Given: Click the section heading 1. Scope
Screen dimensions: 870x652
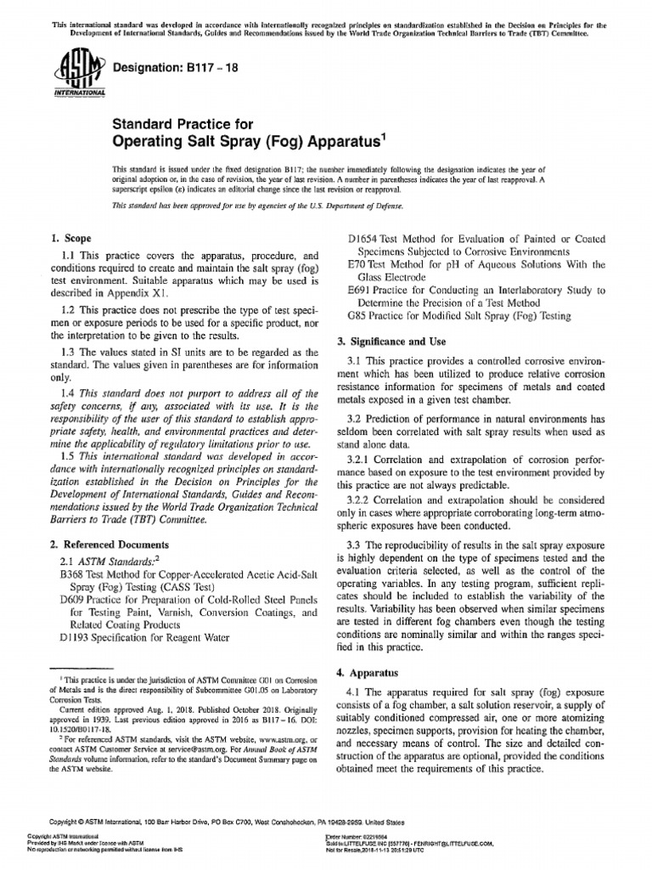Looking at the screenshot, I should tap(71, 240).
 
